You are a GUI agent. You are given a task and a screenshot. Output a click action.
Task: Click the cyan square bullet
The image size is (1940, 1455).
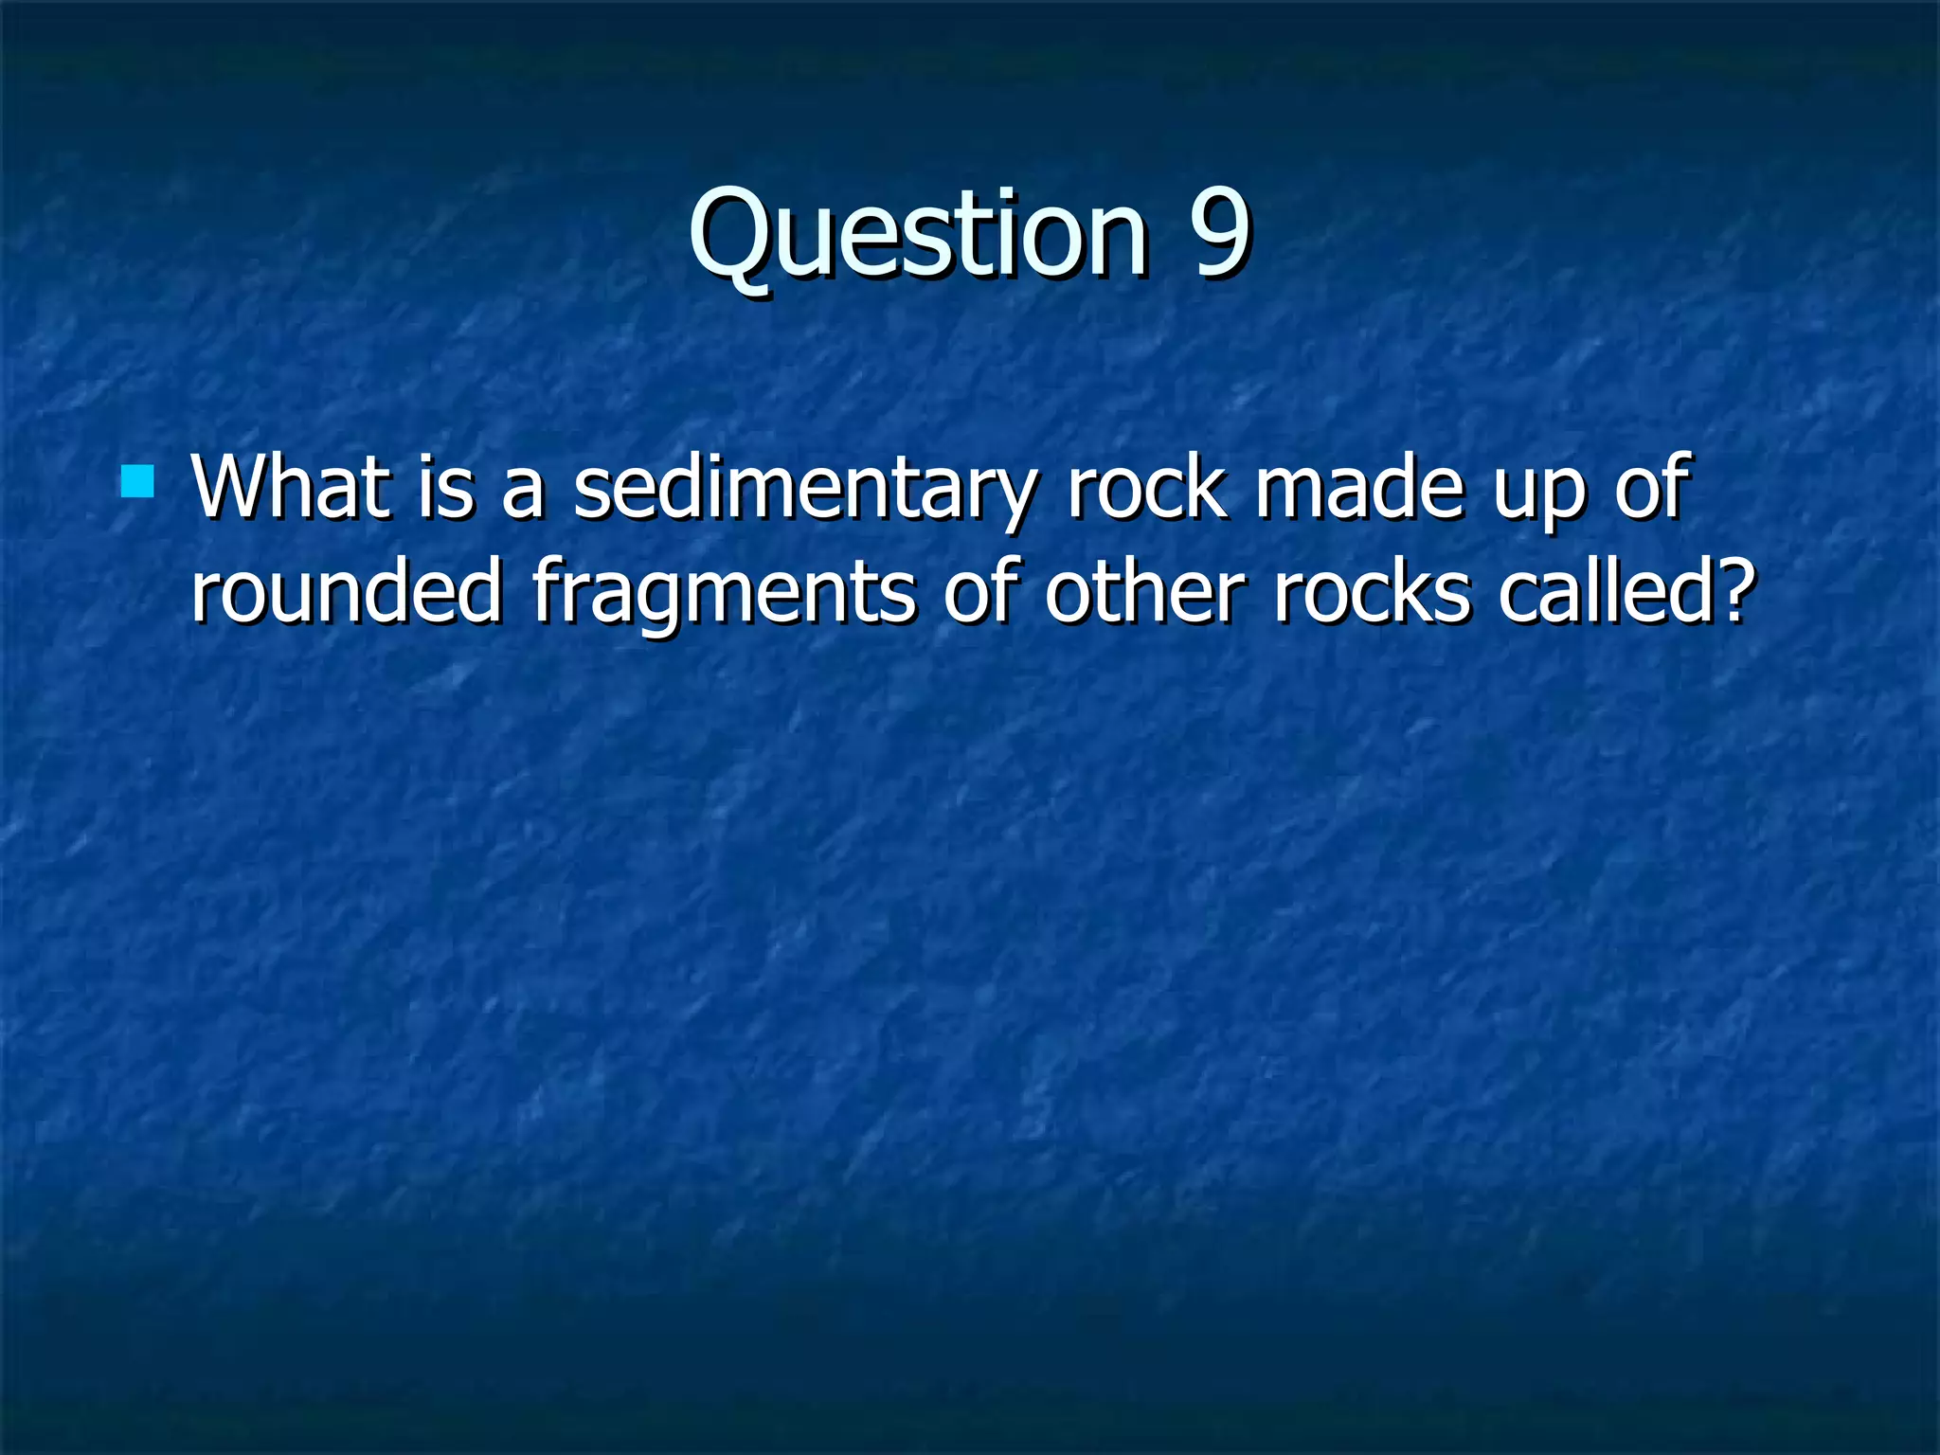(x=138, y=481)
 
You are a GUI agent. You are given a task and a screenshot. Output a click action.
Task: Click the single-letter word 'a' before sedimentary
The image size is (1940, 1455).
(x=523, y=493)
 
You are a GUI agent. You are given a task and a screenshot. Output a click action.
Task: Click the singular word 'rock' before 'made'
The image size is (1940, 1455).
(x=1145, y=487)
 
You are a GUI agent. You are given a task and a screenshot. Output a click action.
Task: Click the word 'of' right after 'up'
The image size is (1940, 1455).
(x=1652, y=487)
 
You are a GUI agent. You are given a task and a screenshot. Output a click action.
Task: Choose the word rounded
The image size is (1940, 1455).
(x=346, y=591)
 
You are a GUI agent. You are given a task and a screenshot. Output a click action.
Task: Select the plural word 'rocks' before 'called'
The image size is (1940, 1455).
(x=1373, y=591)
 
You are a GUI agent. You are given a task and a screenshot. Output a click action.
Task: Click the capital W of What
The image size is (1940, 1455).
(x=228, y=487)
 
